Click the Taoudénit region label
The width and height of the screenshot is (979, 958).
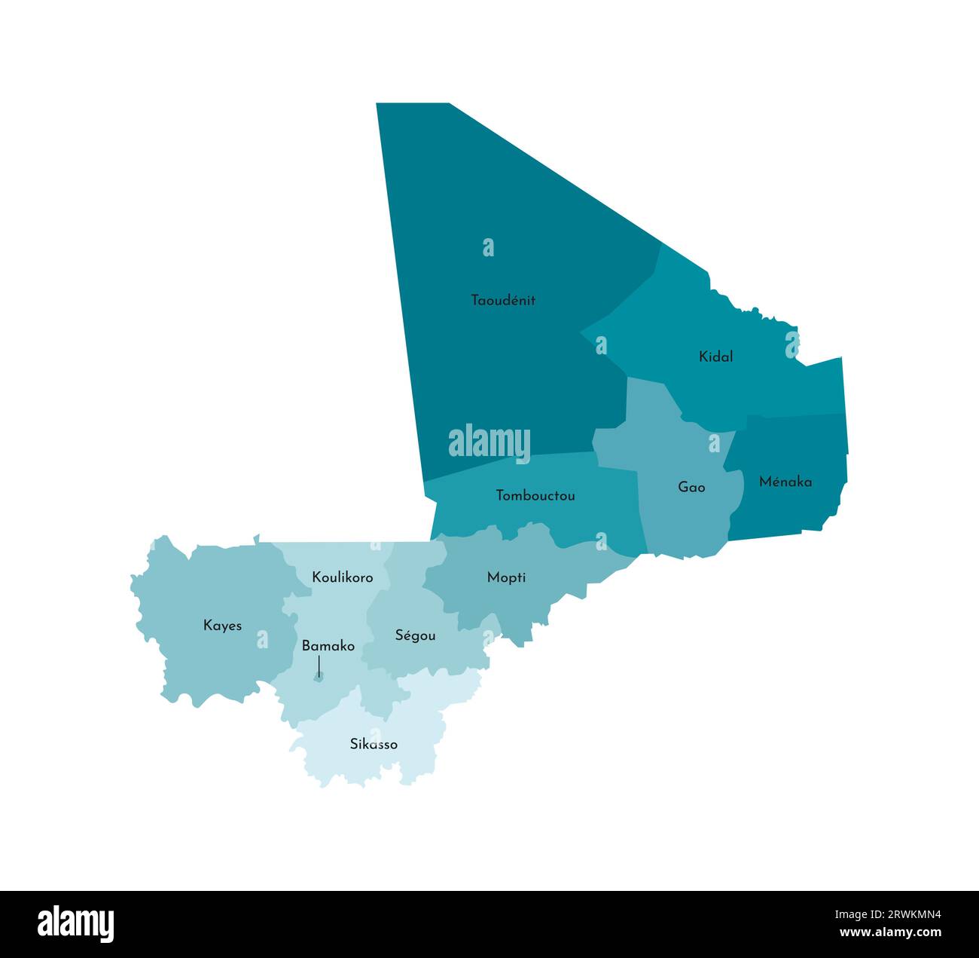[503, 300]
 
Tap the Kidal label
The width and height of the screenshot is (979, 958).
[715, 357]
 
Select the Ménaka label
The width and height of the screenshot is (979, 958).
[785, 482]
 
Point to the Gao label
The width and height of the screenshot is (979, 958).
[691, 487]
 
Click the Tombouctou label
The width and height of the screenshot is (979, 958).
[535, 495]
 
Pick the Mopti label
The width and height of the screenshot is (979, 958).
[506, 577]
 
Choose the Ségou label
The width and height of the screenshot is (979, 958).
[415, 635]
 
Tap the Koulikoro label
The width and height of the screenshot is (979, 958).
[343, 577]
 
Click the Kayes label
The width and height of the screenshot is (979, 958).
[222, 626]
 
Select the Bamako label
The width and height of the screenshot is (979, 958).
[328, 646]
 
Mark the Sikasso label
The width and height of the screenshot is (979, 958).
[374, 744]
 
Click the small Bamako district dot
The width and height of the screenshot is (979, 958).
[319, 678]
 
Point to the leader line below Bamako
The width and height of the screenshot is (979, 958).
[319, 665]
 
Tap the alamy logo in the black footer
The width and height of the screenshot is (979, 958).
[76, 924]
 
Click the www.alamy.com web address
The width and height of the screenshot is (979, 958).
[890, 932]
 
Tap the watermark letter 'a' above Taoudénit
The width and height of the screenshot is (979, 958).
[489, 247]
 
